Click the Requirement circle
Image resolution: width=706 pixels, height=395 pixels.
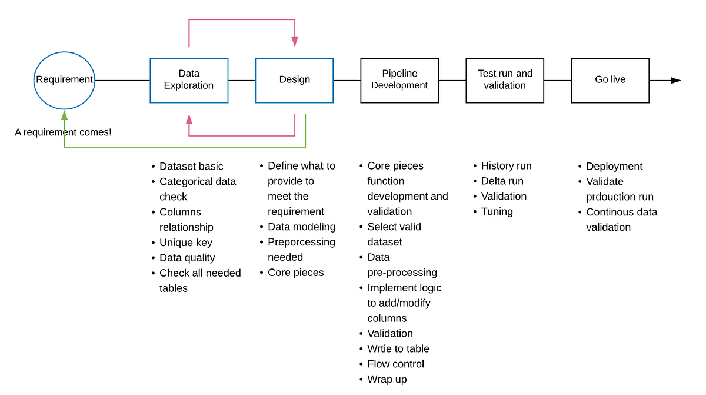(x=64, y=79)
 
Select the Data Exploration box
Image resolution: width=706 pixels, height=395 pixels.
(x=189, y=80)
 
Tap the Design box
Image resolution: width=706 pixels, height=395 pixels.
(x=294, y=80)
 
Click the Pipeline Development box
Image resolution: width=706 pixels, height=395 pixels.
(x=399, y=80)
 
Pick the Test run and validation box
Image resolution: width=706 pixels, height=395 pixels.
(x=505, y=80)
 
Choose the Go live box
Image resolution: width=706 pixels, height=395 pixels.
(x=610, y=80)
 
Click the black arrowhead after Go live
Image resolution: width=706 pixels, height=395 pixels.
(x=676, y=80)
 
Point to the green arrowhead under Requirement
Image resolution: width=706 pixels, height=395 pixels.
(x=64, y=115)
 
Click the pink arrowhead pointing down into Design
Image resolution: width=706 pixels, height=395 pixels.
(x=294, y=42)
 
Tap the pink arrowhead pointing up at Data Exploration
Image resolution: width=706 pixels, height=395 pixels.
(x=189, y=119)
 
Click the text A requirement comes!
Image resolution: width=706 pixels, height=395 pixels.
(x=63, y=132)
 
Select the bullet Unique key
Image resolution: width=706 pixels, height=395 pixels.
(x=185, y=243)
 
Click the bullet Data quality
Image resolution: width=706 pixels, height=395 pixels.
(x=187, y=258)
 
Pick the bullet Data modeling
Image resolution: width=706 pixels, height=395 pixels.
(x=301, y=227)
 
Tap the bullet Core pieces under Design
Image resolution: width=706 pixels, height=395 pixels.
(x=295, y=273)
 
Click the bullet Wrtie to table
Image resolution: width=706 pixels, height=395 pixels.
(x=398, y=348)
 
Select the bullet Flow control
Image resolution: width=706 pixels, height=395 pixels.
(x=395, y=364)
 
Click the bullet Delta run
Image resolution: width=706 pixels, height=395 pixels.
(x=502, y=181)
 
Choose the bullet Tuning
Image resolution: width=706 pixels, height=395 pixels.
(x=497, y=212)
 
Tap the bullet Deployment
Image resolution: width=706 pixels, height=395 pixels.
(x=614, y=166)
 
